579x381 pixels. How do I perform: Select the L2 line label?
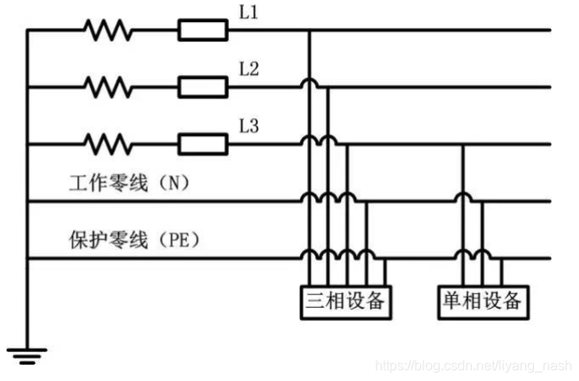point(249,70)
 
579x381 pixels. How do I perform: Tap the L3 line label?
point(249,127)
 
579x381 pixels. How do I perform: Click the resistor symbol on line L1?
point(108,31)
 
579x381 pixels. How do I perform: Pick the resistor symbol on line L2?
point(108,87)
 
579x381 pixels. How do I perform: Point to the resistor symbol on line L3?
point(108,143)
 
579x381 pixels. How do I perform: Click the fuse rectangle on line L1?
point(202,31)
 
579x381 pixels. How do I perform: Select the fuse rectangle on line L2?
point(202,87)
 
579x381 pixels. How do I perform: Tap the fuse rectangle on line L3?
point(202,143)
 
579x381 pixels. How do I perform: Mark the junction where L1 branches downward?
point(308,31)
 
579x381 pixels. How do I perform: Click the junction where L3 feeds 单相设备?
point(463,143)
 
